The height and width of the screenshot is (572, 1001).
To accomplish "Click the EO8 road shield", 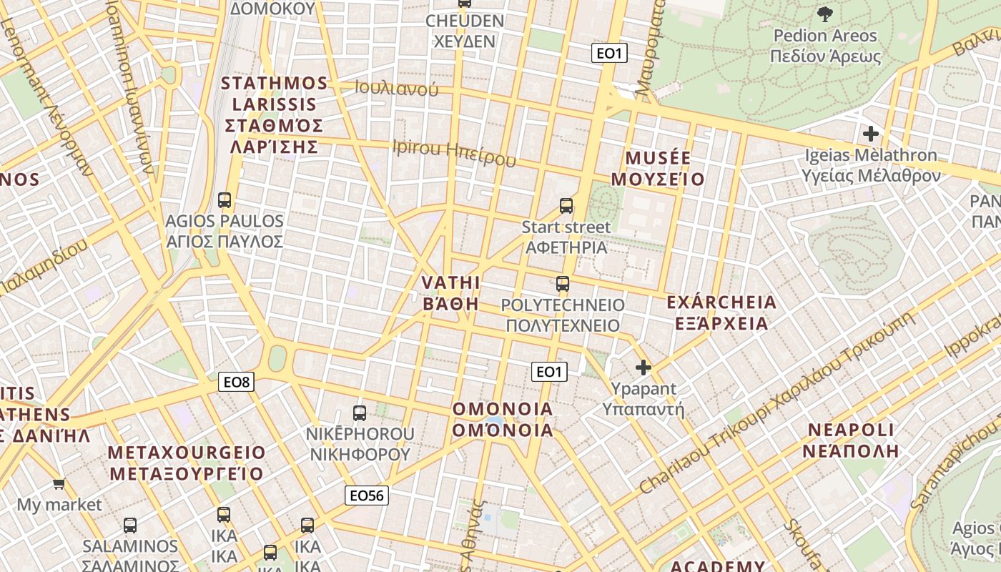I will [236, 382].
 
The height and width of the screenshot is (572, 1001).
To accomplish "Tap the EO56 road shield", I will [367, 495].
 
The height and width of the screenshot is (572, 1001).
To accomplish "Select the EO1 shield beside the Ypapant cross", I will [549, 371].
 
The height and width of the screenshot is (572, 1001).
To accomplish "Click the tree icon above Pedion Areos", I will [825, 14].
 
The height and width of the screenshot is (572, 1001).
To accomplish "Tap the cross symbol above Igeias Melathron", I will [870, 133].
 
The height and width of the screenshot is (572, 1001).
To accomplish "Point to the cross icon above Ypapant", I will [643, 368].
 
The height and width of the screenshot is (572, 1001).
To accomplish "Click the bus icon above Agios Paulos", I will [225, 199].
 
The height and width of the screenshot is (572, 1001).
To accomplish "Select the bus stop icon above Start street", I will [566, 206].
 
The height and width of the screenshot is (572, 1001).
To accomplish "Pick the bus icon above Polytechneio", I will [563, 283].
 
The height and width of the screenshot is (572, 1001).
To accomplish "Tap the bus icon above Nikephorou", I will [360, 413].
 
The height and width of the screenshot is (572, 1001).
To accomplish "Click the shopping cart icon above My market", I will [59, 483].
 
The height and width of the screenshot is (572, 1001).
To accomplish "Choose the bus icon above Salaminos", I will [130, 525].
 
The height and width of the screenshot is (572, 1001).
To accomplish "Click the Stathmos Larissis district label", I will [274, 114].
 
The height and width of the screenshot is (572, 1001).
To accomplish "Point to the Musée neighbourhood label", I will [665, 168].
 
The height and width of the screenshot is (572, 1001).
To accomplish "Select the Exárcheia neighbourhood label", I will [721, 312].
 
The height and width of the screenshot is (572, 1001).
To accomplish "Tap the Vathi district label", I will [450, 292].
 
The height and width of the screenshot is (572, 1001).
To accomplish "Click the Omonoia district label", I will [503, 419].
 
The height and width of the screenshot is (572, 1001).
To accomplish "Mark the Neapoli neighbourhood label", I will [851, 440].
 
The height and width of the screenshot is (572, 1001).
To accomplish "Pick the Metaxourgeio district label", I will [186, 463].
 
